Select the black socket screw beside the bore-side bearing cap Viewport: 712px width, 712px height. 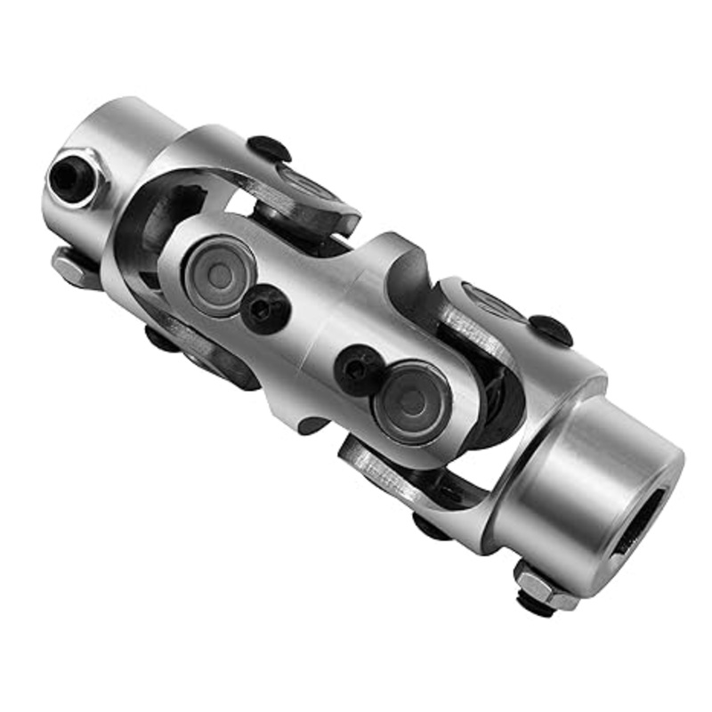tap(360, 368)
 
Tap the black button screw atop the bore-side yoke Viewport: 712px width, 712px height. tap(551, 329)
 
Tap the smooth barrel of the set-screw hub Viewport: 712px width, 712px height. tap(133, 133)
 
